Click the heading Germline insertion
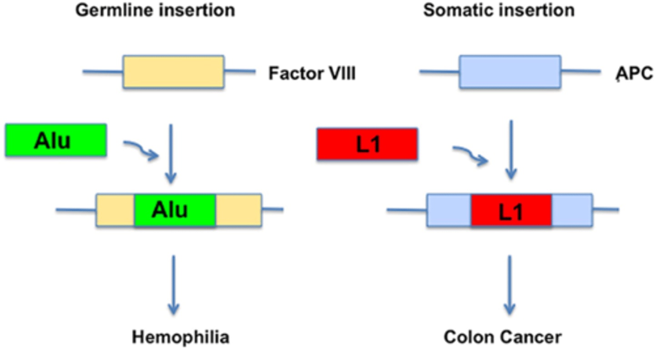click(x=155, y=10)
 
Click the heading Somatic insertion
click(x=499, y=10)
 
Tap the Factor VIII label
click(x=312, y=73)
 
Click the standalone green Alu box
click(x=56, y=140)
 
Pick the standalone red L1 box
click(x=367, y=144)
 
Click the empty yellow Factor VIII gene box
click(x=173, y=72)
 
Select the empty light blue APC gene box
click(x=510, y=72)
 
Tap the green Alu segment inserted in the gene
click(x=175, y=210)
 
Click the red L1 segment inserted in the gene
click(x=511, y=210)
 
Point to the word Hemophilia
click(x=181, y=337)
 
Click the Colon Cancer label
click(x=502, y=337)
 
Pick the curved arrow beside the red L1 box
click(x=469, y=155)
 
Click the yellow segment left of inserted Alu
click(x=116, y=210)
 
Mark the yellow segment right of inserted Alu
click(x=238, y=210)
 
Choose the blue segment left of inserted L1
click(x=449, y=210)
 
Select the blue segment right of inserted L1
click(x=572, y=210)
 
